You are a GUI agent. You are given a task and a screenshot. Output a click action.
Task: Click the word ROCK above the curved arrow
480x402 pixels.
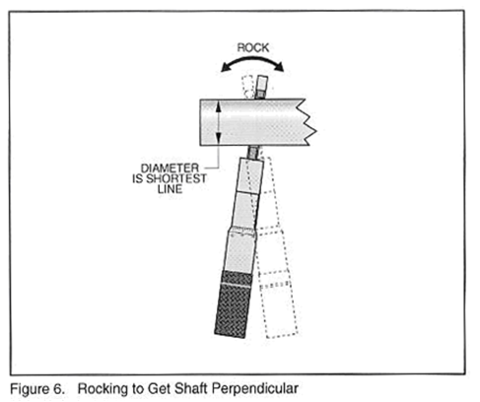click(253, 48)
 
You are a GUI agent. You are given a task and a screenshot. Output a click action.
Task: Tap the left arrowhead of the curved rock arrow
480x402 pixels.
click(226, 68)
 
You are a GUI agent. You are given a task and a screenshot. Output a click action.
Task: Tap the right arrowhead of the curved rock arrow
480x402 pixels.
click(279, 67)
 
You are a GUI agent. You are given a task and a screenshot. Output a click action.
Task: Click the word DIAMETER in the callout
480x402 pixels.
click(170, 168)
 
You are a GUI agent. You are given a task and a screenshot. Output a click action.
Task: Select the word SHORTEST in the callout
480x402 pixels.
click(176, 178)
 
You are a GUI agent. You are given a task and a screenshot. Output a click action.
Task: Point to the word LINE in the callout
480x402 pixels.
click(170, 189)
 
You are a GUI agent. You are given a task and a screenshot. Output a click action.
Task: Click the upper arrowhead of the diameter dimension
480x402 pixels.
click(219, 104)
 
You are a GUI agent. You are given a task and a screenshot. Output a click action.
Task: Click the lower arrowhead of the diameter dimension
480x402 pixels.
click(219, 140)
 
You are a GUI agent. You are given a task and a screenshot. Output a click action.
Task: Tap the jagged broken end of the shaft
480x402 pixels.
click(308, 122)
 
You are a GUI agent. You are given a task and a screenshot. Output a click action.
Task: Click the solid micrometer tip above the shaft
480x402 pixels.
click(261, 87)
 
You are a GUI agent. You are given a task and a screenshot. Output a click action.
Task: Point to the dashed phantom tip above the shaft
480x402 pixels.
click(247, 87)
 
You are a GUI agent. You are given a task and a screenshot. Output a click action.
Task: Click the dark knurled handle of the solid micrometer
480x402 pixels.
click(235, 303)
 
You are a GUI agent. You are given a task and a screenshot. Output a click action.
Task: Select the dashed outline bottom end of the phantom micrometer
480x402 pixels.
click(282, 335)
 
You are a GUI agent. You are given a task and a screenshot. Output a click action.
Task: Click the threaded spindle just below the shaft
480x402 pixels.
click(254, 152)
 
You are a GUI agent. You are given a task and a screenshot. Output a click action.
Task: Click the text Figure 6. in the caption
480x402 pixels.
click(37, 389)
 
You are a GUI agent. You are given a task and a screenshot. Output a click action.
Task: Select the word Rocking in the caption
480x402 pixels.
click(103, 390)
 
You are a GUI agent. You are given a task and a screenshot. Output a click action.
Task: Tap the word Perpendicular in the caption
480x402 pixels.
click(255, 389)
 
